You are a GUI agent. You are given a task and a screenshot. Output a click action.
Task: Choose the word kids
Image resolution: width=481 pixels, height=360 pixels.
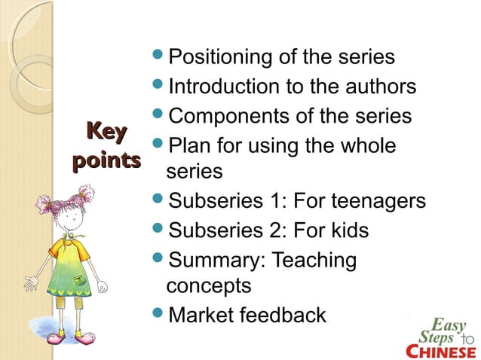pyautogui.click(x=346, y=230)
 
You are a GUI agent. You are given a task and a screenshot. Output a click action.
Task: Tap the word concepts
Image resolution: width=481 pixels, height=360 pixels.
pyautogui.click(x=209, y=287)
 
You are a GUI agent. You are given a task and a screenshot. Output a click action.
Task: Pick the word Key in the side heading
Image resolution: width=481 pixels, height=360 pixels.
pyautogui.click(x=106, y=133)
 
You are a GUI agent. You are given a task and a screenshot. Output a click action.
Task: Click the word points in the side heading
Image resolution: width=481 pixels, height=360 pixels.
pyautogui.click(x=106, y=160)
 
